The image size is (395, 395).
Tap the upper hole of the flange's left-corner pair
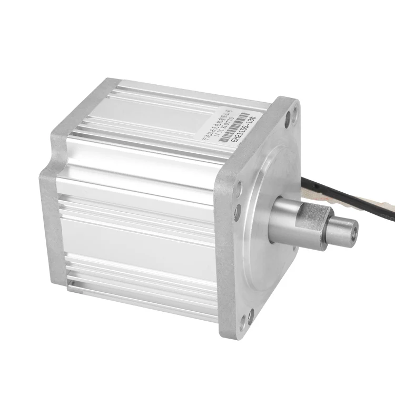pyautogui.click(x=239, y=186)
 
